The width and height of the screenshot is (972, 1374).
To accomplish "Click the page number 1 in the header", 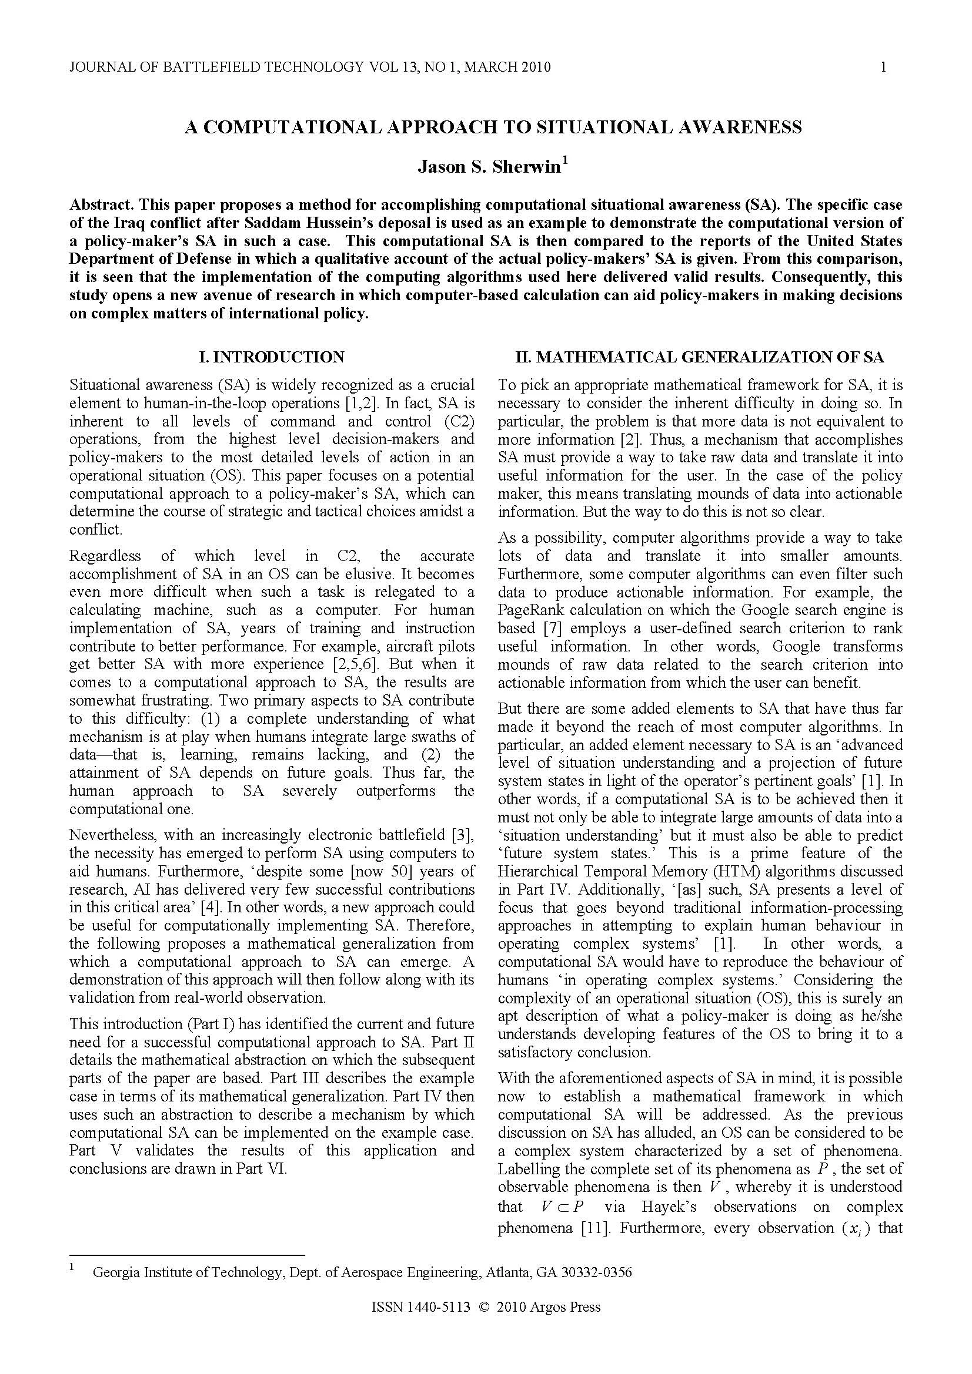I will (x=883, y=67).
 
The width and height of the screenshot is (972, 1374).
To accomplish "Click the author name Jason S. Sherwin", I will (x=489, y=167).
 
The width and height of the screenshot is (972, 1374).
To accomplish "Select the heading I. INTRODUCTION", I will (x=272, y=357).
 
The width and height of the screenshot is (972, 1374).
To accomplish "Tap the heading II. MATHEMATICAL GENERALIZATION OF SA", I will (x=700, y=357).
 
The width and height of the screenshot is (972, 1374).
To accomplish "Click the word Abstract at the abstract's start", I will (x=101, y=204).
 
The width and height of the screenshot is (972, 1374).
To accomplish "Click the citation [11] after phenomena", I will (x=594, y=1228).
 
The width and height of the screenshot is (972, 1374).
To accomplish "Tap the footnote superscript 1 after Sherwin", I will (x=564, y=161).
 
